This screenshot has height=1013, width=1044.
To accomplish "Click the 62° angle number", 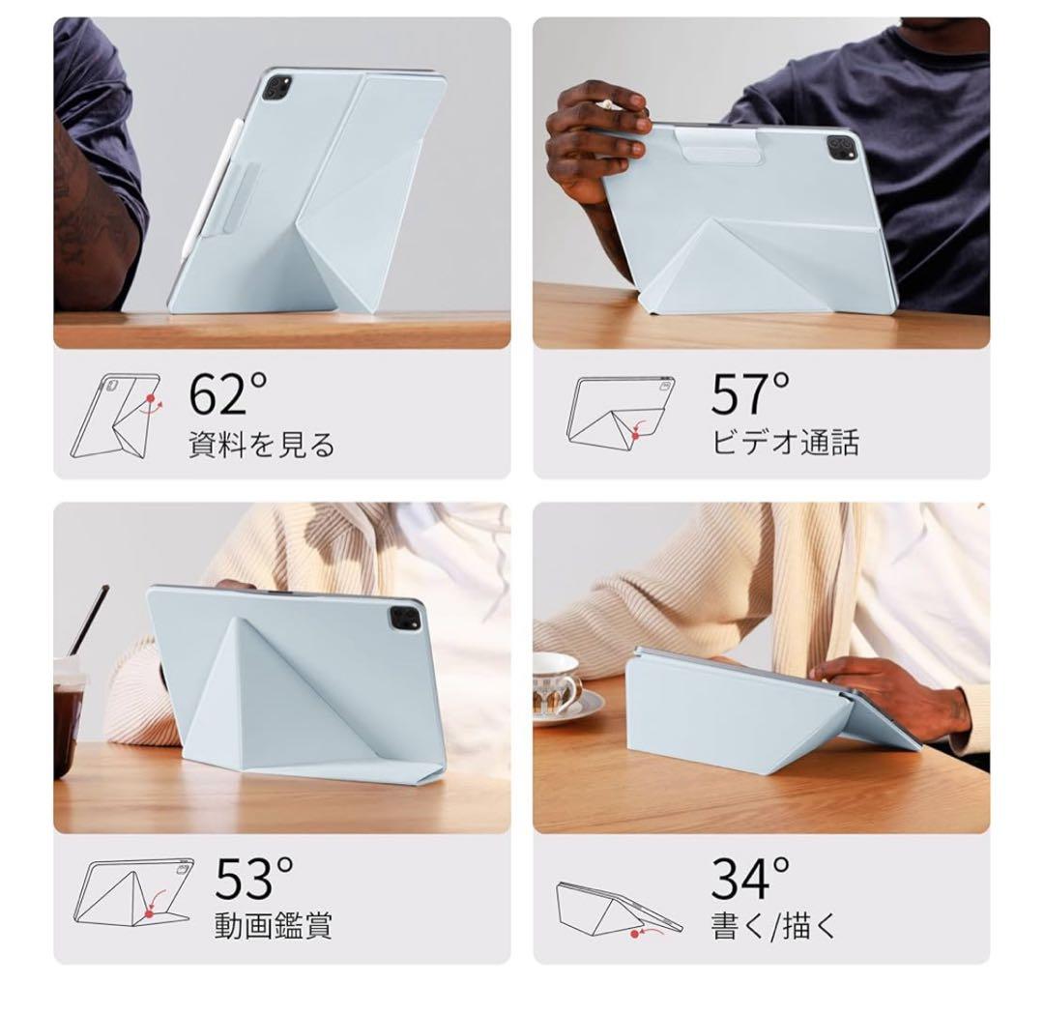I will (x=228, y=393).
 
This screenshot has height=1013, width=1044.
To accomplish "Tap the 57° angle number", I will (x=751, y=393).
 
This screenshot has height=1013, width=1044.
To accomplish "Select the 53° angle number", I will (x=254, y=877).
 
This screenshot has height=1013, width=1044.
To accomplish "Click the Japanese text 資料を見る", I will (x=261, y=444).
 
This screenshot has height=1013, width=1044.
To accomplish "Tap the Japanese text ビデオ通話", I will (x=785, y=442).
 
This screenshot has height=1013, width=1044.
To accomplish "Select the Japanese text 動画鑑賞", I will (x=274, y=925).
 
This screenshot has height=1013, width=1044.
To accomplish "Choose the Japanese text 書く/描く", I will (x=773, y=925).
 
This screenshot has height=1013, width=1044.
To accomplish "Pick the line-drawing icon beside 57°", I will (x=620, y=410).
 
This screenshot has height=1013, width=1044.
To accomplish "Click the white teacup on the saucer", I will (x=556, y=681).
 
